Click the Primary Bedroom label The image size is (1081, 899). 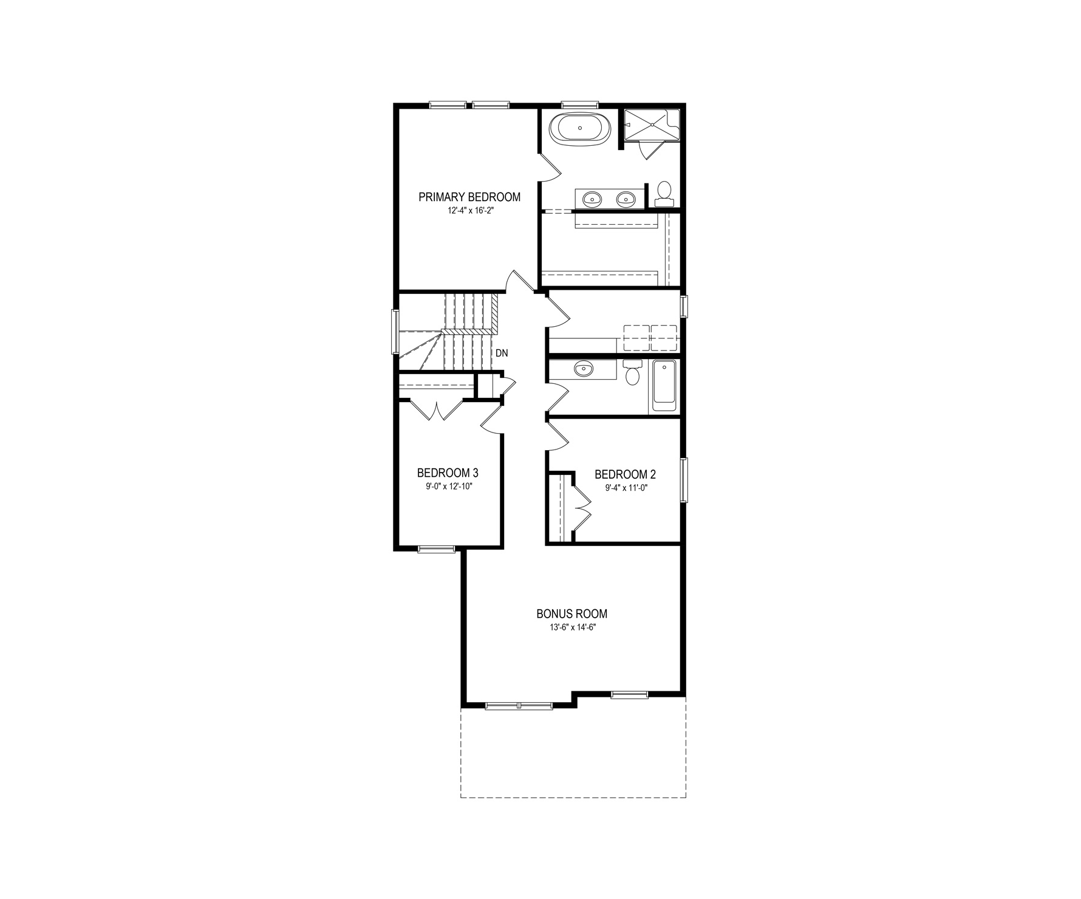pyautogui.click(x=469, y=197)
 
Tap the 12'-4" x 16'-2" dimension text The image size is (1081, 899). pyautogui.click(x=469, y=211)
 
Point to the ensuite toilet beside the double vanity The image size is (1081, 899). pyautogui.click(x=664, y=192)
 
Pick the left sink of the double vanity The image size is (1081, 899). pyautogui.click(x=592, y=198)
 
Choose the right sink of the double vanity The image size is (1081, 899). pyautogui.click(x=625, y=198)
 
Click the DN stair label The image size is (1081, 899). pyautogui.click(x=502, y=353)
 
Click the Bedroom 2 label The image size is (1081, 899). pyautogui.click(x=625, y=474)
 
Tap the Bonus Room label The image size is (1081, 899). pyautogui.click(x=571, y=614)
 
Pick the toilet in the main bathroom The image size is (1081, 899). pyautogui.click(x=633, y=372)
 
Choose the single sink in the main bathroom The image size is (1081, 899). pyautogui.click(x=584, y=368)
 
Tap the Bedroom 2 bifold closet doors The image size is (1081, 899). pyautogui.click(x=581, y=505)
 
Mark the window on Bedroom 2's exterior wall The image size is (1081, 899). pyautogui.click(x=684, y=480)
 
